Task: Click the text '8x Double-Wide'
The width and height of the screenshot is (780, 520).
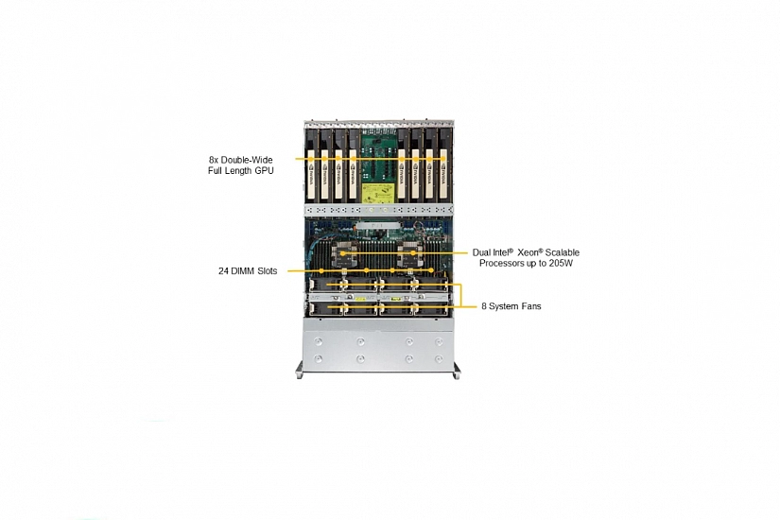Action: pyautogui.click(x=240, y=160)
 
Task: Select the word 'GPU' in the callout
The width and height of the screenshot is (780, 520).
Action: pyautogui.click(x=264, y=171)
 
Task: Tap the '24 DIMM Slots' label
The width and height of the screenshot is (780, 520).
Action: pyautogui.click(x=248, y=271)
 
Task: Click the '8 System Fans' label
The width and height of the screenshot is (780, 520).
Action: pyautogui.click(x=511, y=306)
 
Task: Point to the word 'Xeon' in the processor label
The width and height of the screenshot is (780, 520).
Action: pyautogui.click(x=528, y=252)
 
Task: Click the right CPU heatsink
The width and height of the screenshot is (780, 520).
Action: pyautogui.click(x=412, y=253)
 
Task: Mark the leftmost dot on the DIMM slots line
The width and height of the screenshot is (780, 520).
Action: pyautogui.click(x=321, y=270)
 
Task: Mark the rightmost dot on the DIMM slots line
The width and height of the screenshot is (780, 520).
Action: pyautogui.click(x=431, y=270)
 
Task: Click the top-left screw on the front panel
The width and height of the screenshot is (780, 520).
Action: pyautogui.click(x=319, y=342)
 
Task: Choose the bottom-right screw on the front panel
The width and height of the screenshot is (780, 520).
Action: pyautogui.click(x=439, y=358)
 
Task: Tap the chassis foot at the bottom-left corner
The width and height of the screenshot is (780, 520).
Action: pyautogui.click(x=299, y=375)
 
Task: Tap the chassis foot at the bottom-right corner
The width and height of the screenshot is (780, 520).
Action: pyautogui.click(x=456, y=375)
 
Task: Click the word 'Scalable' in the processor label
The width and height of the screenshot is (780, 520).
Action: pyautogui.click(x=563, y=252)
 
